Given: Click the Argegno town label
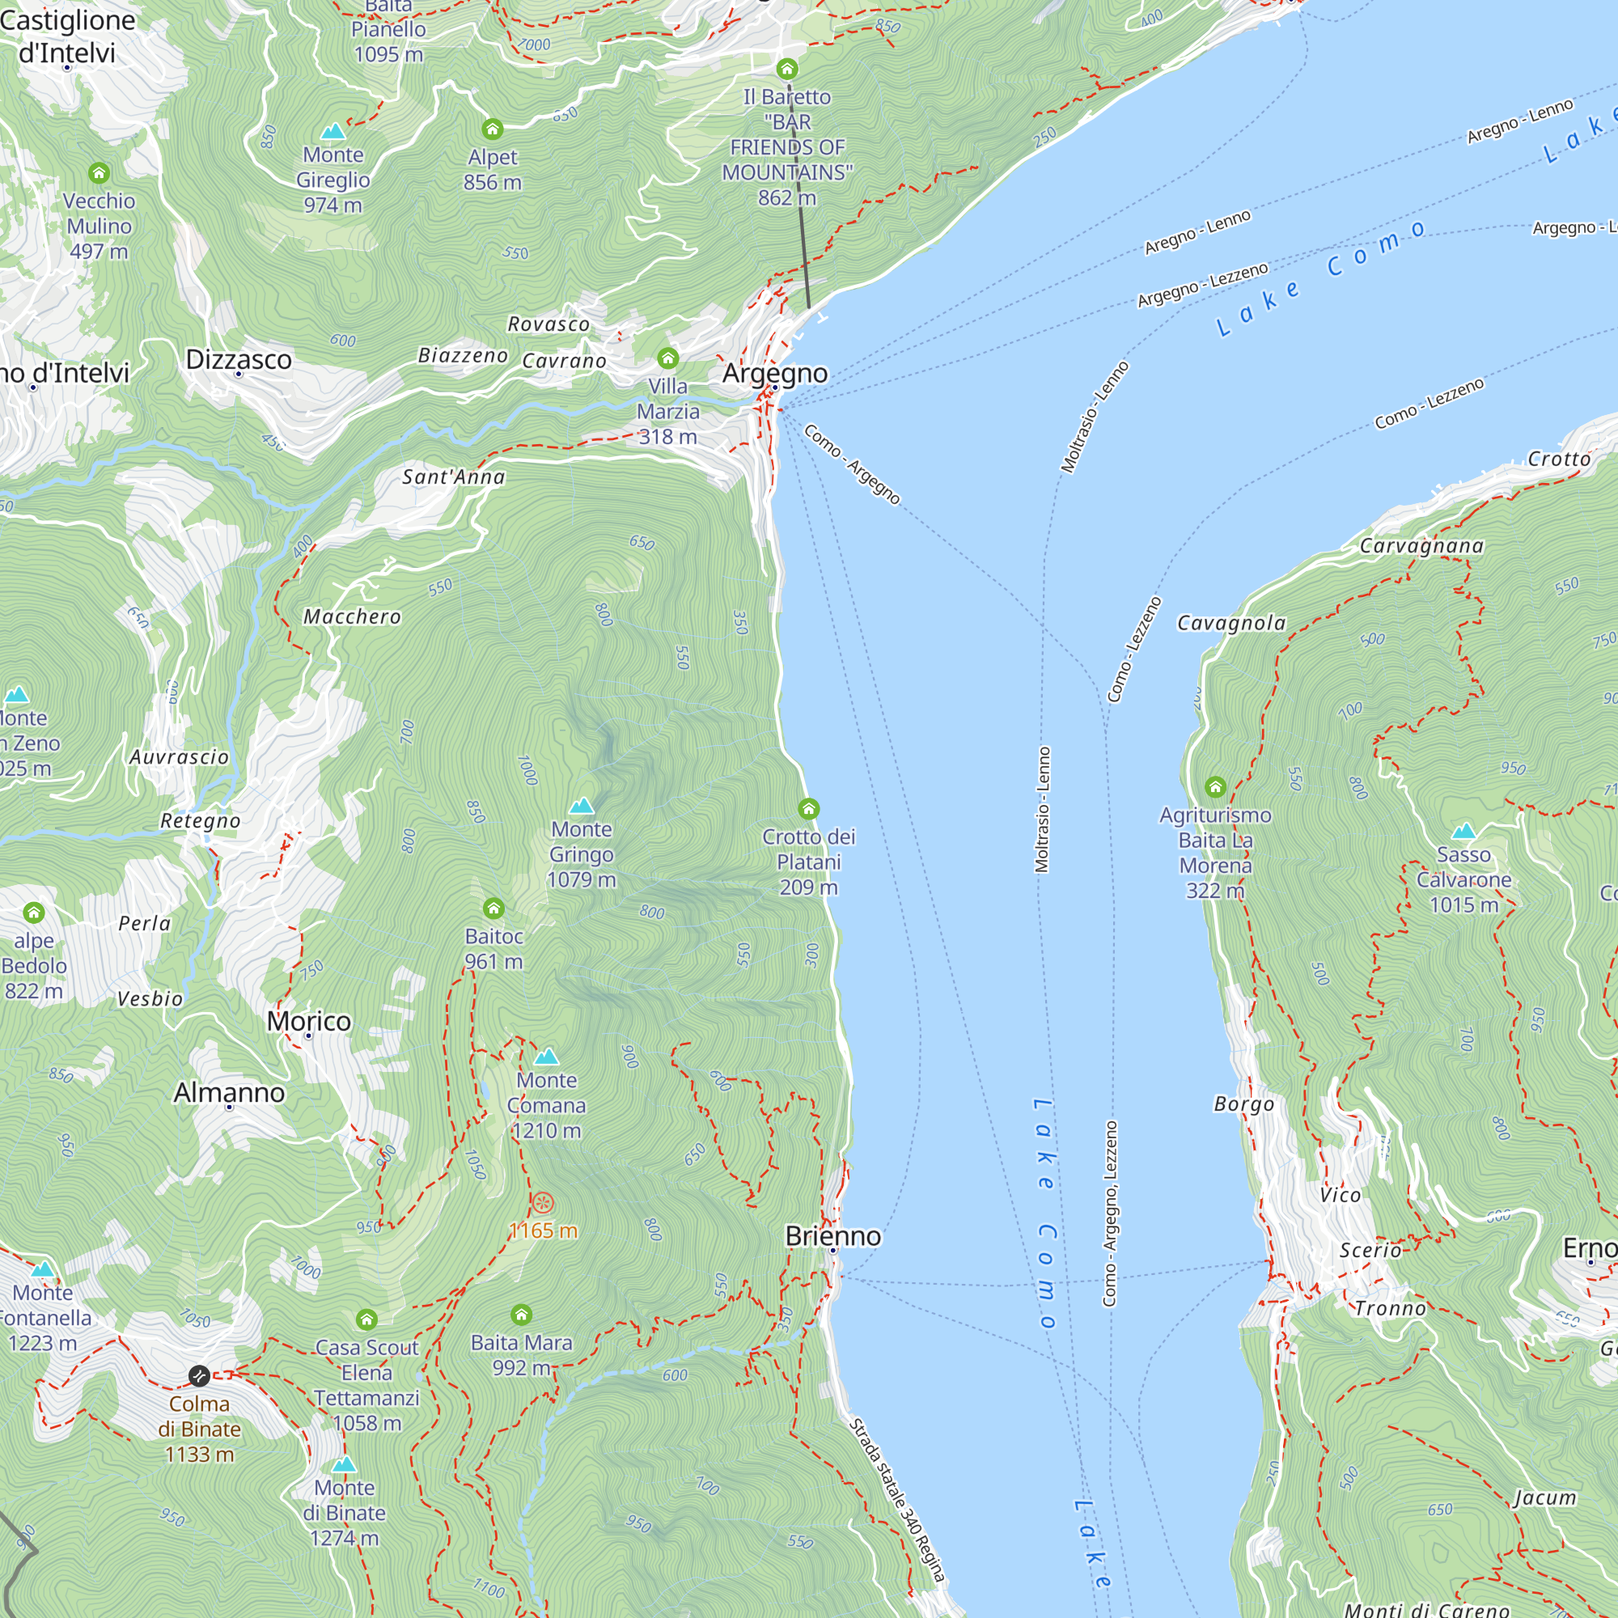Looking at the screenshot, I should [x=775, y=373].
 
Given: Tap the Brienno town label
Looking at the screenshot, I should [x=832, y=1236].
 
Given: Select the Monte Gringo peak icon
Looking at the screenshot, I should [x=581, y=807].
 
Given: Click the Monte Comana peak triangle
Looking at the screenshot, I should [x=546, y=1056].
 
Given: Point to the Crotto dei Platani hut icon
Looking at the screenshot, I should [x=808, y=809].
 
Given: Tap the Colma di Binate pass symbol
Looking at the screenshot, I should [x=198, y=1375].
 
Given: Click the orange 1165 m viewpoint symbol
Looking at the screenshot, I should [x=543, y=1204].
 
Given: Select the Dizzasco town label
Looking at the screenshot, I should [x=239, y=359].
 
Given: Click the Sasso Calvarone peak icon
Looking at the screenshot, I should [x=1463, y=832].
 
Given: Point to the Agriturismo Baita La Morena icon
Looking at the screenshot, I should [x=1215, y=787].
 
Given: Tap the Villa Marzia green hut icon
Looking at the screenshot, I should [x=667, y=358].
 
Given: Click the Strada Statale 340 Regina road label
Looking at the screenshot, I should [x=897, y=1500].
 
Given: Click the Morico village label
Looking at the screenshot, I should [x=308, y=1021].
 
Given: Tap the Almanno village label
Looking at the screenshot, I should [x=229, y=1092].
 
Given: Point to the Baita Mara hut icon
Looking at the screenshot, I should [x=521, y=1314].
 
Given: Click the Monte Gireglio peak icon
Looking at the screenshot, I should [x=333, y=132].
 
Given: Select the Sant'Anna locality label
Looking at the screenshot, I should [x=453, y=477].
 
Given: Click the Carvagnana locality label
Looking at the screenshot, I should [x=1421, y=546].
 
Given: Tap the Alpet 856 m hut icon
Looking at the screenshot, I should [x=493, y=129].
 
